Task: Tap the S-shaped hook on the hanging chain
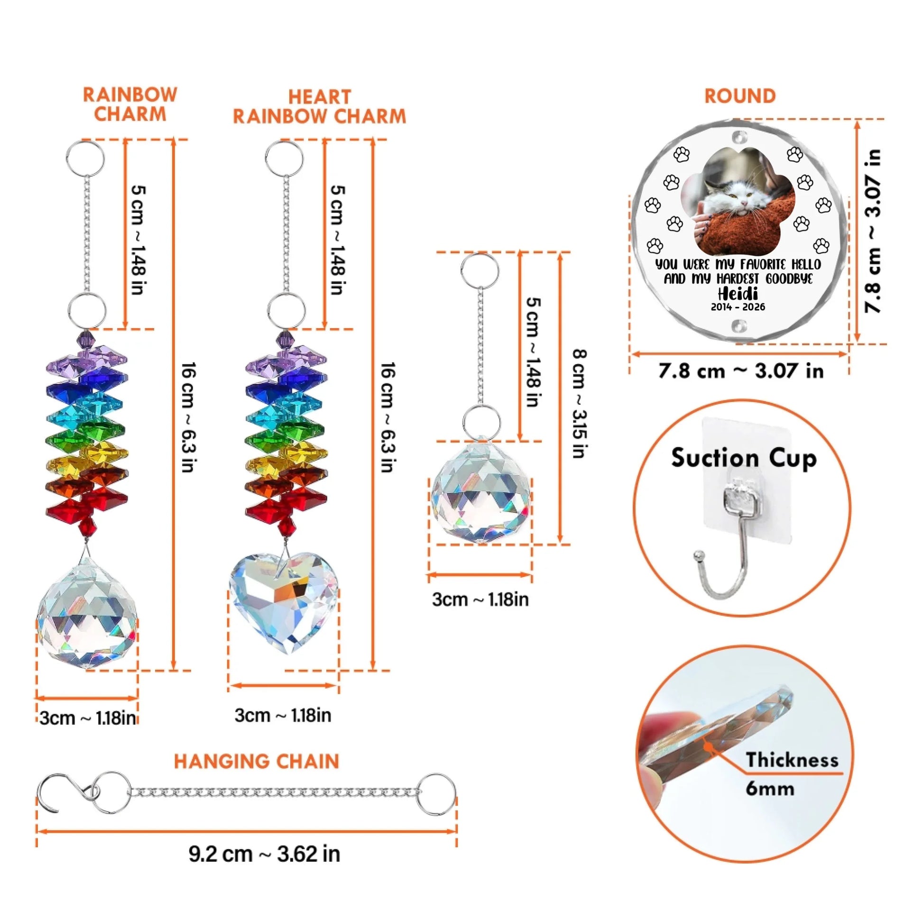coord(72,793)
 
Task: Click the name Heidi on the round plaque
coord(738,292)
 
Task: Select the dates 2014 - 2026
coord(738,307)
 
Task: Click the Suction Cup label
coord(744,458)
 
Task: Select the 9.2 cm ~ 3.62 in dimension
coord(264,854)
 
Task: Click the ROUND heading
coord(740,96)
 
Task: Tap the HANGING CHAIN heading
coord(257,762)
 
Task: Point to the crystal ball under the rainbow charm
coord(87,616)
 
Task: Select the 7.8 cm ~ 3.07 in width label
coord(741,371)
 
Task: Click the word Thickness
coord(792,760)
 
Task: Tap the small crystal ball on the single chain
coord(480,492)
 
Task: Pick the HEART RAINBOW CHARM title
coord(319,107)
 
